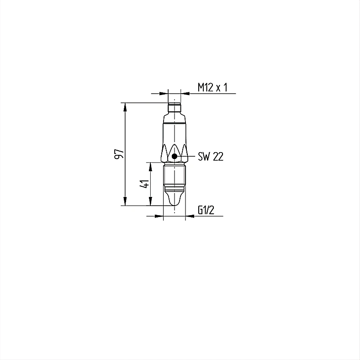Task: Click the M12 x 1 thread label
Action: coord(212,87)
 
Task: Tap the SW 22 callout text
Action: coord(211,157)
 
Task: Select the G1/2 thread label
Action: coord(206,210)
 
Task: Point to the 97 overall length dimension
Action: coord(119,154)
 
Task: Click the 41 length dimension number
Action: coord(145,184)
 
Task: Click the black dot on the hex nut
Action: coord(175,156)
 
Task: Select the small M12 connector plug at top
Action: coord(174,108)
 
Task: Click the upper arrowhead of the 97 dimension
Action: coord(125,107)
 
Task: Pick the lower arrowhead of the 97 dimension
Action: coord(125,201)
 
